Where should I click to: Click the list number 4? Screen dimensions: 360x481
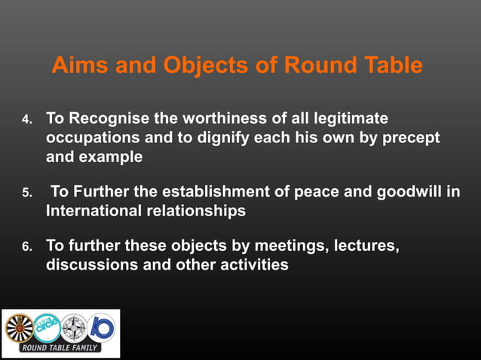click(x=26, y=121)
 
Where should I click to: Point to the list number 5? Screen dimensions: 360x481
click(x=26, y=193)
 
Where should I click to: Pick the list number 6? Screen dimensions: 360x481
click(x=26, y=247)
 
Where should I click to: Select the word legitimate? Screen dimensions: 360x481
click(x=349, y=118)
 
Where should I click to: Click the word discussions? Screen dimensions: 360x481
click(x=91, y=265)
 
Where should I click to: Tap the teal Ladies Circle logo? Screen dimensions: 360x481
click(x=46, y=327)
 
